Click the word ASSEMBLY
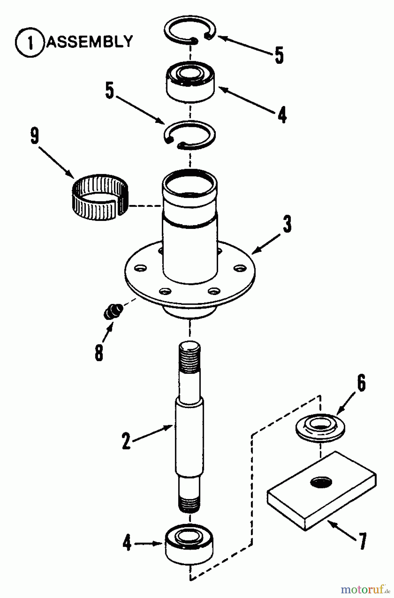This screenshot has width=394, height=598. coord(89,42)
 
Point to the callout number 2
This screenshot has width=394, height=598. coord(126,441)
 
